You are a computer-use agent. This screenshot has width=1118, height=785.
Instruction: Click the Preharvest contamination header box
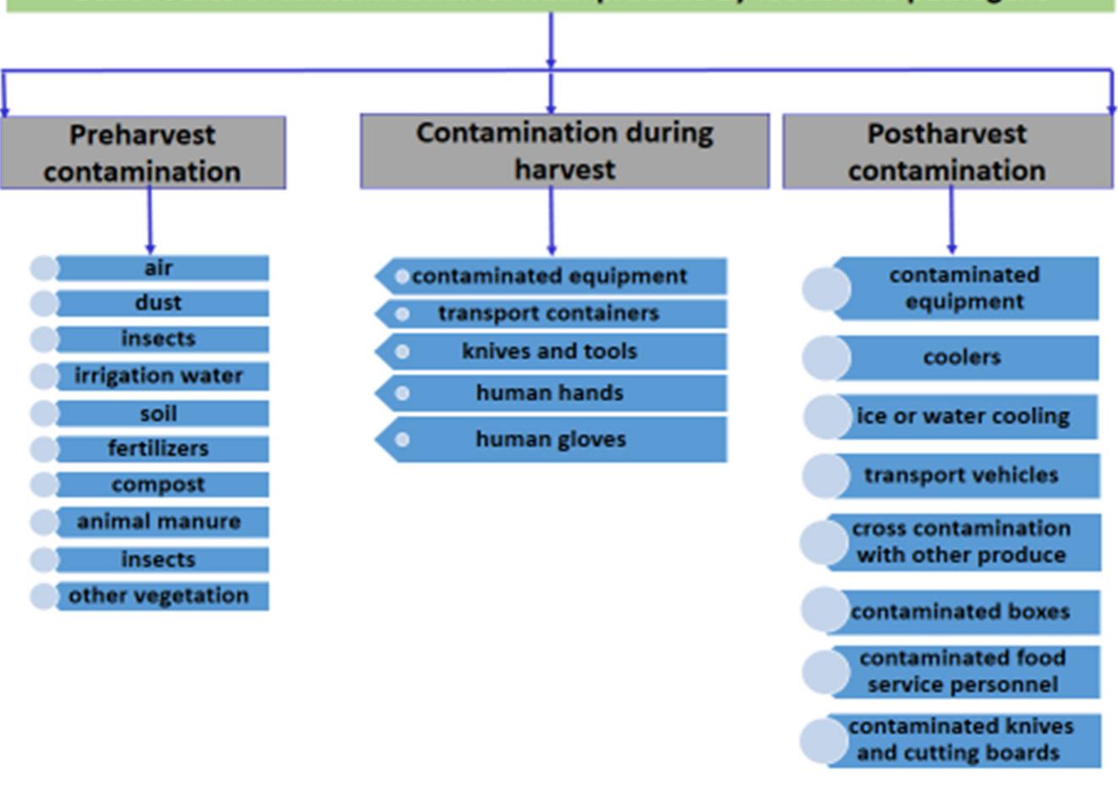coord(142,153)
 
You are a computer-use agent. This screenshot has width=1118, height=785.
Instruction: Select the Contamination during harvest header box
coord(564,151)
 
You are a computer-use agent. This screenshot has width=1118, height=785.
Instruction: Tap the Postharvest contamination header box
coord(946,151)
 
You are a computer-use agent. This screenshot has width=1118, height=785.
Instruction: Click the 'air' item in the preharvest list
coord(158,268)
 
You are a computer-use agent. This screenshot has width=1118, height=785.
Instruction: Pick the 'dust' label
coord(158,303)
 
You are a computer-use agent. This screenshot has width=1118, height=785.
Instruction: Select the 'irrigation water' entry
coord(158,376)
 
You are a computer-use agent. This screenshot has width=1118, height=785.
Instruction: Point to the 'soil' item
coord(158,414)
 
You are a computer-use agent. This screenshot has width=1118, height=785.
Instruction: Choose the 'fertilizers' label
coord(158,448)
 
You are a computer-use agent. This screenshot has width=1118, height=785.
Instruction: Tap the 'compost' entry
coord(158,485)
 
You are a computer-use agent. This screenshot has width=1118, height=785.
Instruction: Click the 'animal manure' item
coord(158,522)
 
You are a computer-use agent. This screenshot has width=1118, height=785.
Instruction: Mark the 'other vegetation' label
coord(158,596)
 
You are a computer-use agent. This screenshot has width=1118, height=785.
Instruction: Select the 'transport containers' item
coord(548,314)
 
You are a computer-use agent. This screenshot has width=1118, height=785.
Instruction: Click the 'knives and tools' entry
coord(549,351)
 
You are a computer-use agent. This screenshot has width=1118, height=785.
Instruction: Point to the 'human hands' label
coord(549,393)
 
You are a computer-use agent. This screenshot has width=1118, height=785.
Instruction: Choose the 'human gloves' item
coord(551,439)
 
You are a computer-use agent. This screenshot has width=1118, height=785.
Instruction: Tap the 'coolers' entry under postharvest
coord(962,358)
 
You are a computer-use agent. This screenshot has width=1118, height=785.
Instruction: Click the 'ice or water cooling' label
coord(962,416)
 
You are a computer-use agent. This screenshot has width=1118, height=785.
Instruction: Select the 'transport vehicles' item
coord(961,475)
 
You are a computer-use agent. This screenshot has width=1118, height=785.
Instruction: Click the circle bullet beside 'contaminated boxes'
coord(825,610)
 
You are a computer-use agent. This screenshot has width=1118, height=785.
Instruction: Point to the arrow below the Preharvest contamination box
coord(150,220)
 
